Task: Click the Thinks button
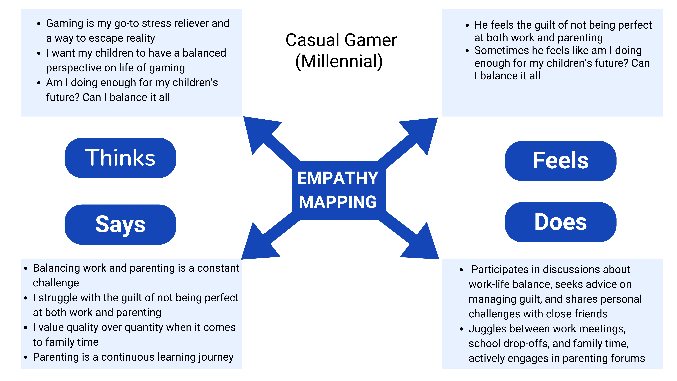click(x=120, y=158)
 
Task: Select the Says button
click(x=120, y=225)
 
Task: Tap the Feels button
click(x=561, y=161)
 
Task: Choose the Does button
click(x=561, y=222)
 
